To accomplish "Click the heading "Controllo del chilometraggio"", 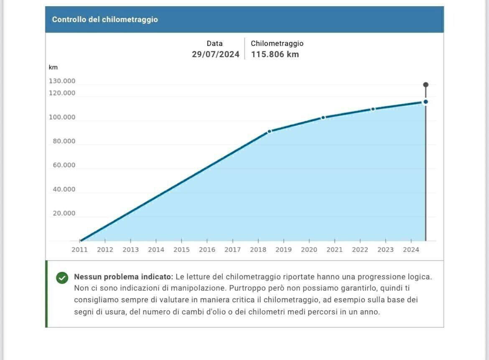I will point(105,20).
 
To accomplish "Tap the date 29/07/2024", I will point(216,54).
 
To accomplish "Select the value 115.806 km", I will point(275,54).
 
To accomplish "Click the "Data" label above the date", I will point(214,43).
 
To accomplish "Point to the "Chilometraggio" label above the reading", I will point(277,43).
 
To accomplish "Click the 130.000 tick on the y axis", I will point(62,81).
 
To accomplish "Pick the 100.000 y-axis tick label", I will point(62,117).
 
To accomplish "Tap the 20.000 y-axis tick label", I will point(64,213).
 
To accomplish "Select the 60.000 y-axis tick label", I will point(64,165).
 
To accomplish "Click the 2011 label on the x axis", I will point(79,250).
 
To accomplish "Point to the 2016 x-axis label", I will point(207,250).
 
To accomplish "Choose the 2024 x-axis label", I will point(411,250).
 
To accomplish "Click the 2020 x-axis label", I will point(309,250).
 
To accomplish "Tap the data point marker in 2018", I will point(269,131).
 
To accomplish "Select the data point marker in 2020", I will point(323,118).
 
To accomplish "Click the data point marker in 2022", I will point(373,109).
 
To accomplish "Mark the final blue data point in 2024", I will point(425,102).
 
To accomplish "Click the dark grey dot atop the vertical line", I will point(425,85).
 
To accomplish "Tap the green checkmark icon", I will point(62,278).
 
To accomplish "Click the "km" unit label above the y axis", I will point(53,67).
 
